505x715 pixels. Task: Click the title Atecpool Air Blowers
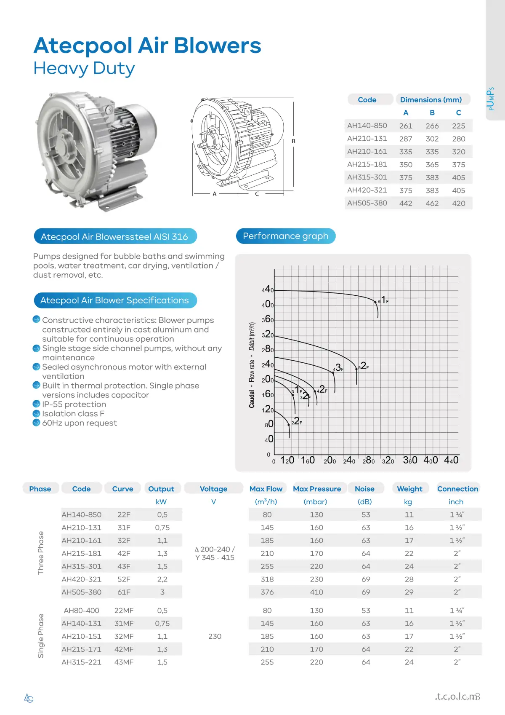147,46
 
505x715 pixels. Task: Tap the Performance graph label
285,236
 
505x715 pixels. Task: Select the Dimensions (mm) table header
431,100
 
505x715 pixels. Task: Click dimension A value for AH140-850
406,126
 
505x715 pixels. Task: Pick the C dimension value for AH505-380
458,204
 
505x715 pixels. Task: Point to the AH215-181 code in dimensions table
367,164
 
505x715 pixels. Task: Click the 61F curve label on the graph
383,300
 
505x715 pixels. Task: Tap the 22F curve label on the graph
297,421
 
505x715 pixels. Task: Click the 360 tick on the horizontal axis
410,460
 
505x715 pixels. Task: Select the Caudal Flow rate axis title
252,365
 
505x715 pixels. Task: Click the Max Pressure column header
317,489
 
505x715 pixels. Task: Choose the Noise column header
364,489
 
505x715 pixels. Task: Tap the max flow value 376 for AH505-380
267,592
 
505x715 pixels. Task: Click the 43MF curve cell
124,662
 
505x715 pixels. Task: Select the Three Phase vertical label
41,553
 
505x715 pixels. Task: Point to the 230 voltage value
215,636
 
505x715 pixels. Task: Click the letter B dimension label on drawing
294,141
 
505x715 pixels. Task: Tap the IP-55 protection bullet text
74,404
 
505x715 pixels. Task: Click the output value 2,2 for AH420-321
162,579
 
